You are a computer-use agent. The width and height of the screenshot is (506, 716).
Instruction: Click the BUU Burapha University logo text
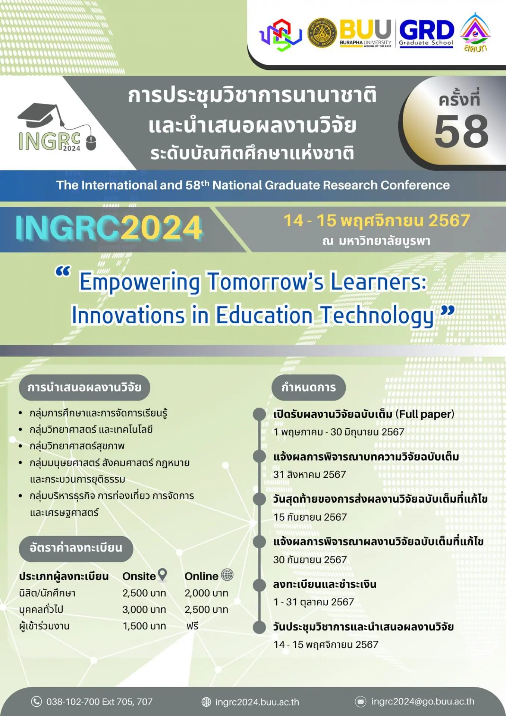[365, 33]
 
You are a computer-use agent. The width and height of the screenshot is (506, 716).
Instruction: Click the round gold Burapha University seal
[322, 33]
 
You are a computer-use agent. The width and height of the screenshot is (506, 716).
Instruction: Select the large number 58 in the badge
[462, 131]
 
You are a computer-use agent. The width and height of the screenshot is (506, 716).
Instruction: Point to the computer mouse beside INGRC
[91, 143]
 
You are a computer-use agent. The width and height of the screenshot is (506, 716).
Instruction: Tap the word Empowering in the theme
[140, 282]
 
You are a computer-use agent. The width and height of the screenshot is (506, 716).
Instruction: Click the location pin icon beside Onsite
[162, 575]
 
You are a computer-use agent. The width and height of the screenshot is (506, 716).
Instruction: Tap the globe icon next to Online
[227, 575]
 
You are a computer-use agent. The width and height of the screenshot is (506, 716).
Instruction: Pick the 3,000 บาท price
[144, 609]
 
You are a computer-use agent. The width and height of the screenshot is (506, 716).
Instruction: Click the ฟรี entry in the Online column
[192, 626]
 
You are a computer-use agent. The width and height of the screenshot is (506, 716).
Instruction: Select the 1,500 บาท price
[144, 626]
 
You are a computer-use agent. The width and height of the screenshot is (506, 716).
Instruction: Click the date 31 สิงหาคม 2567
[309, 474]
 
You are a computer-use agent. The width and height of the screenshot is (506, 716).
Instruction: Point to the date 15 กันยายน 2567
[310, 517]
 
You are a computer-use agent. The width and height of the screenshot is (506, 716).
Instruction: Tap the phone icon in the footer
[36, 701]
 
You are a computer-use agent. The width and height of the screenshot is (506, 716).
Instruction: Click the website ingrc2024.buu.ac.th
[257, 702]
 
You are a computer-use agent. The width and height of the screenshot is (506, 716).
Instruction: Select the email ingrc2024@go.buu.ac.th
[423, 701]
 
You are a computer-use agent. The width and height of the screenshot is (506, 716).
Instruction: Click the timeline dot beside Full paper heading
[259, 414]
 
